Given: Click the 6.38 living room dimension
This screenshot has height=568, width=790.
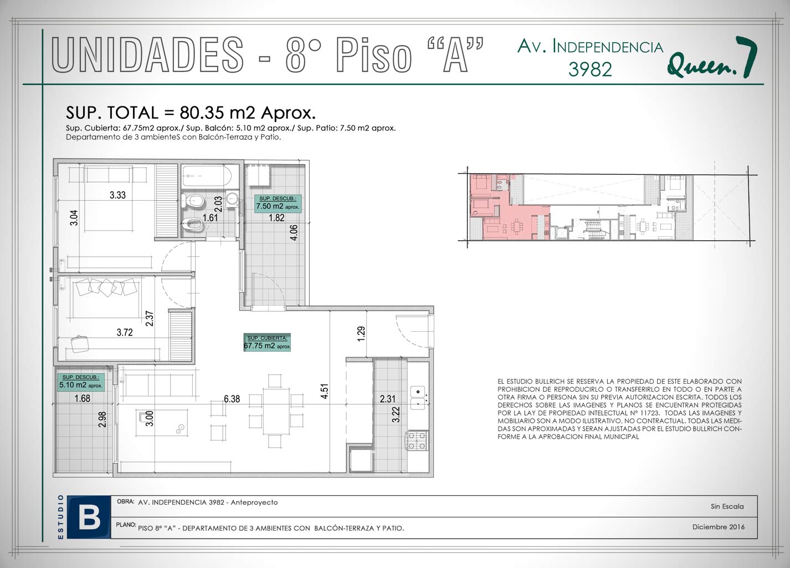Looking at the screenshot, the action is [x=232, y=399].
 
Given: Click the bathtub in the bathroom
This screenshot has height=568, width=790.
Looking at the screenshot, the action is [x=207, y=176].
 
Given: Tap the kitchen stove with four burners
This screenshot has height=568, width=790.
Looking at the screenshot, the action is [x=417, y=441].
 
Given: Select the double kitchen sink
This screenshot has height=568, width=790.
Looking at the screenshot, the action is [x=418, y=398].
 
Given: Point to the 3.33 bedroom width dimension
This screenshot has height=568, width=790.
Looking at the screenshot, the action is [x=117, y=195].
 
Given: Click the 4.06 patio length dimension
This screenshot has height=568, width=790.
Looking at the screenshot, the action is [x=294, y=232].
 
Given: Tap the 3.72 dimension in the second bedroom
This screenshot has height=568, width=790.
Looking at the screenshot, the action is [x=125, y=332].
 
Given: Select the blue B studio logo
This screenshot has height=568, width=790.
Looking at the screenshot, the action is [x=89, y=517].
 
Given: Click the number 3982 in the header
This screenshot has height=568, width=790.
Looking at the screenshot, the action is [x=590, y=69].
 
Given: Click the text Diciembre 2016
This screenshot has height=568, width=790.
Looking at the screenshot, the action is [x=719, y=527].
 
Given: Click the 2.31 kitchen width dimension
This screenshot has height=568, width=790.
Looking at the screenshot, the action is [x=388, y=399].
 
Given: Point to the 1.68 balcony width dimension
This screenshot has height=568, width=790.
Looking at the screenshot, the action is [x=82, y=399].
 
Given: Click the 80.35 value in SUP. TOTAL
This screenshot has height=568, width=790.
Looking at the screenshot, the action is [x=202, y=113].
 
